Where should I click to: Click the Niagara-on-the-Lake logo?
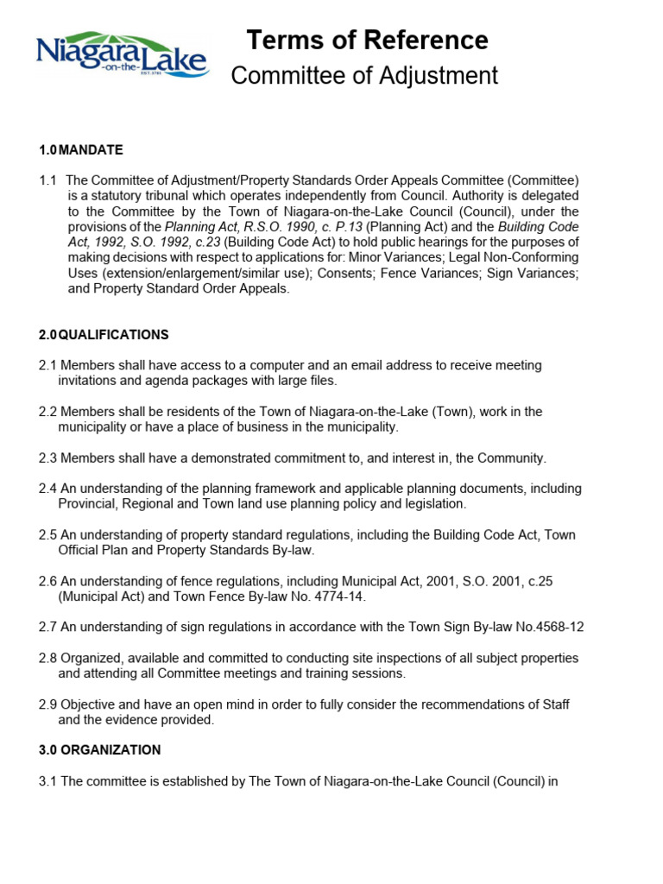pyautogui.click(x=122, y=55)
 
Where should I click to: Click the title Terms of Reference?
pyautogui.click(x=367, y=40)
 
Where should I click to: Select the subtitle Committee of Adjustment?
pyautogui.click(x=364, y=76)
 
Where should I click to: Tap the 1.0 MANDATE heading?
pyautogui.click(x=81, y=150)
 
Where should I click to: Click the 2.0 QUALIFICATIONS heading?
pyautogui.click(x=104, y=334)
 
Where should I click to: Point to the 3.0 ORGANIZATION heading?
pyautogui.click(x=99, y=750)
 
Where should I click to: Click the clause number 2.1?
pyautogui.click(x=47, y=365)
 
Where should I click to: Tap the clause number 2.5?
pyautogui.click(x=47, y=534)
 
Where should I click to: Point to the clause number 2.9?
pyautogui.click(x=47, y=704)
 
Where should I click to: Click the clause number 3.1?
pyautogui.click(x=47, y=782)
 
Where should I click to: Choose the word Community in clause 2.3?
pyautogui.click(x=513, y=458)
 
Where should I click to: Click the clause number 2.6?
pyautogui.click(x=47, y=581)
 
